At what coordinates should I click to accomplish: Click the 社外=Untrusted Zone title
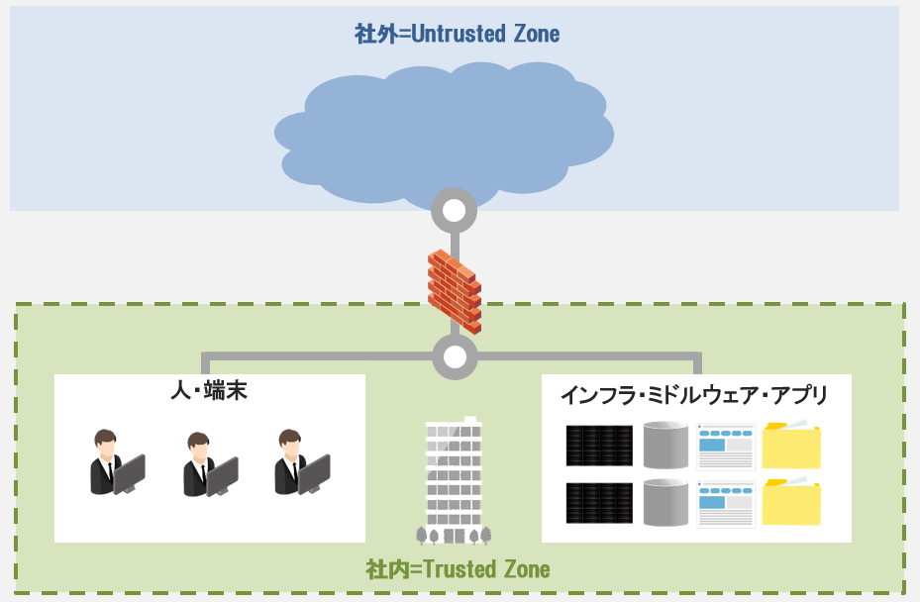pyautogui.click(x=457, y=35)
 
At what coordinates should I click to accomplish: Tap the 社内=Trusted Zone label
pyautogui.click(x=457, y=569)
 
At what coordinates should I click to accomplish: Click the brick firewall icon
pyautogui.click(x=455, y=289)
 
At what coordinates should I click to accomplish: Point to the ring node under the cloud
pyautogui.click(x=455, y=210)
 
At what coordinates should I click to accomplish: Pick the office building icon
pyautogui.click(x=454, y=480)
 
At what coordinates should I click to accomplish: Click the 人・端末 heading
pyautogui.click(x=208, y=391)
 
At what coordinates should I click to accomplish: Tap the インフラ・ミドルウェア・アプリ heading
pyautogui.click(x=694, y=395)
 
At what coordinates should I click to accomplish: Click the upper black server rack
pyautogui.click(x=599, y=446)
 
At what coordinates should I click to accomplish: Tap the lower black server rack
pyautogui.click(x=599, y=503)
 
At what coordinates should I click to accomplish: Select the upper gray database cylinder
pyautogui.click(x=665, y=445)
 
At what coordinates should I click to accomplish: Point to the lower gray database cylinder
pyautogui.click(x=665, y=502)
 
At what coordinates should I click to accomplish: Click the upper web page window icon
pyautogui.click(x=726, y=447)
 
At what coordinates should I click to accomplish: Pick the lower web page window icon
pyautogui.click(x=726, y=504)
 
